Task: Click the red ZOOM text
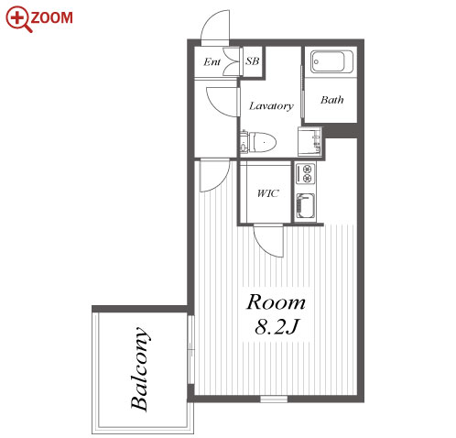tap(51, 17)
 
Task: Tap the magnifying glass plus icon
tap(18, 19)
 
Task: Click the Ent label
tap(212, 62)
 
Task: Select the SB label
tap(253, 61)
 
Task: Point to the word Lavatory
tap(271, 106)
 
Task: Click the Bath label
tap(331, 100)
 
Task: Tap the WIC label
tap(267, 193)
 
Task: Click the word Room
tap(276, 302)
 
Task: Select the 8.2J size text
tap(277, 326)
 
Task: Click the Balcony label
tap(139, 368)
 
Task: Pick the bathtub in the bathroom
tap(331, 61)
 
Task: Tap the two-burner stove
tap(306, 173)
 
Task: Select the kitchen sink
tap(306, 206)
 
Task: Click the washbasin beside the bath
tap(309, 141)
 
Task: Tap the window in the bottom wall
tap(274, 399)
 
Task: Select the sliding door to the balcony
tap(191, 349)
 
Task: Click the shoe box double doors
tap(232, 61)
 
